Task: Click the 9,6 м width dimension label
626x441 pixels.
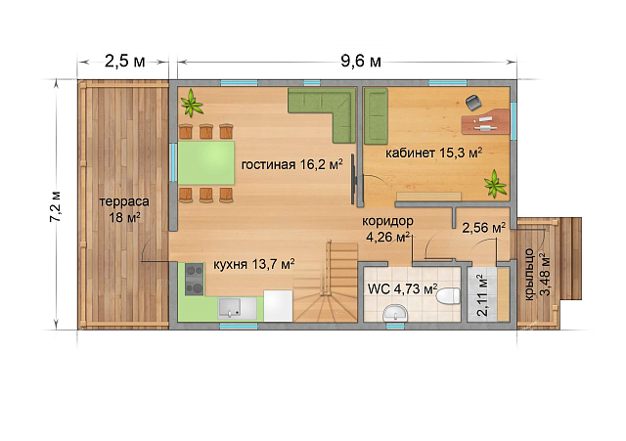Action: (361, 61)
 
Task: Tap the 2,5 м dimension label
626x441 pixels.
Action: (124, 62)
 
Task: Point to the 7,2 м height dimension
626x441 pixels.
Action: (55, 206)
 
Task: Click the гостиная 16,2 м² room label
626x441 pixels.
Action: (291, 164)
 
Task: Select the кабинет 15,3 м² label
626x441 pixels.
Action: (433, 153)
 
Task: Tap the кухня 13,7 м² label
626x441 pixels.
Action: (254, 264)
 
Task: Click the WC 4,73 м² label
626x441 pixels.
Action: (402, 288)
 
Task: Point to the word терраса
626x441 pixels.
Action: (124, 201)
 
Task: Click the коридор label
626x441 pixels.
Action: (387, 221)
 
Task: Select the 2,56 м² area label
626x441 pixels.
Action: (484, 228)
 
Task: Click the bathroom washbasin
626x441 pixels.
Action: (395, 313)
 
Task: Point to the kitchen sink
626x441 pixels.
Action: (237, 308)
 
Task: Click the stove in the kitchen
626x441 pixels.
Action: (195, 280)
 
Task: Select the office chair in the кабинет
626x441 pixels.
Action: (473, 104)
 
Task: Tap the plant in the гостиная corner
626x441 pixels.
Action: (192, 103)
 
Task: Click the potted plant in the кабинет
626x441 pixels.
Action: (496, 184)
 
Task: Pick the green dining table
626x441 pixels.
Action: (206, 163)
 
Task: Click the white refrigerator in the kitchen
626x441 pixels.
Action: (278, 306)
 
